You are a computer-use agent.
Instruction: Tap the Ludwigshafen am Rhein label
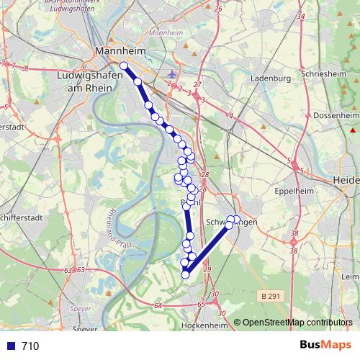coord(86,80)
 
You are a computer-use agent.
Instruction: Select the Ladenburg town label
coord(270,78)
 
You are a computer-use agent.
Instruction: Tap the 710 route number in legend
coord(30,346)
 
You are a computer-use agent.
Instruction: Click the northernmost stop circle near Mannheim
coord(124,66)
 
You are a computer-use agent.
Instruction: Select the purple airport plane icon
coord(171,74)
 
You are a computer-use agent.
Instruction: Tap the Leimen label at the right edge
coord(351,276)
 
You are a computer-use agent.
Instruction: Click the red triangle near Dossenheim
coord(353,130)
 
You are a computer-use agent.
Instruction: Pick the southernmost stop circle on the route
coord(185,274)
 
